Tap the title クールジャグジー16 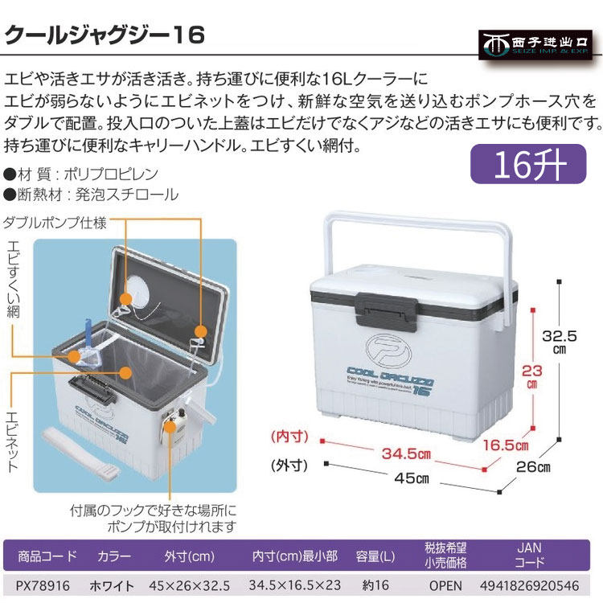tap(105, 35)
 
